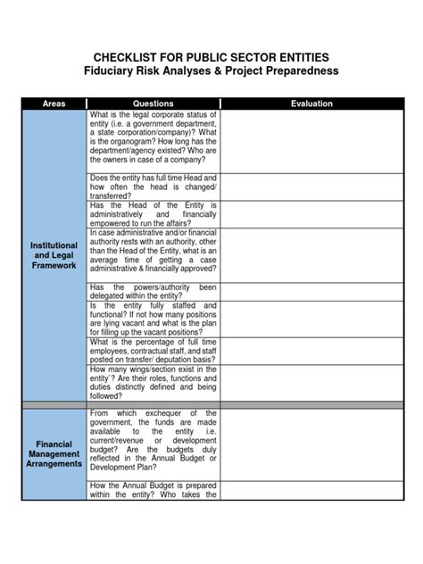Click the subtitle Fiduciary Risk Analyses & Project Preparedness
click(211, 71)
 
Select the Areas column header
click(54, 104)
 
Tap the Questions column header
click(153, 104)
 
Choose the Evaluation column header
click(311, 104)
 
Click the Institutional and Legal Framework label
click(54, 254)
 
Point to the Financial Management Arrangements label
click(54, 453)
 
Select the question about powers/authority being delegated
click(153, 292)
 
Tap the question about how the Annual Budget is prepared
click(153, 490)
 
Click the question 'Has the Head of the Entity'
click(153, 214)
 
